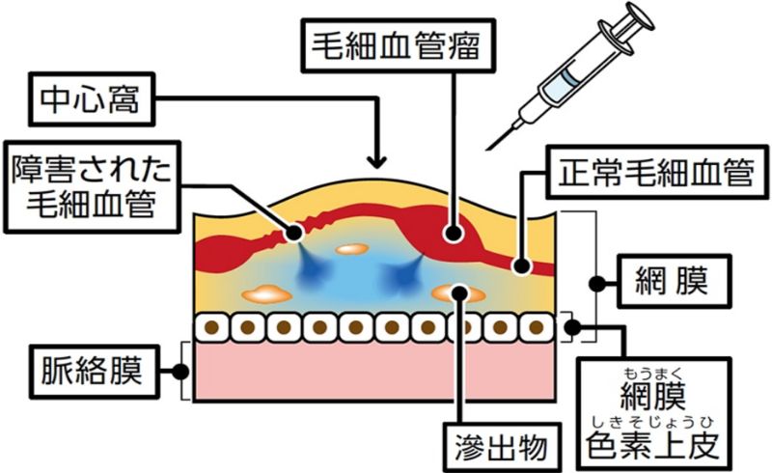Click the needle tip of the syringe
coord(488,147)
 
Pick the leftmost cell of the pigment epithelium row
coord(212,327)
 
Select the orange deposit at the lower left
coord(265,291)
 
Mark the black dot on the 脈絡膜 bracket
coord(180,369)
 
